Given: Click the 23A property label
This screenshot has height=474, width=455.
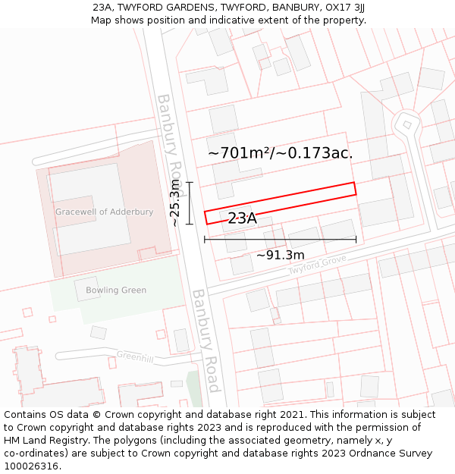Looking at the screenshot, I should pos(242,218).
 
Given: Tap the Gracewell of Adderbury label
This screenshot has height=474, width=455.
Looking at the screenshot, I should pos(104,212).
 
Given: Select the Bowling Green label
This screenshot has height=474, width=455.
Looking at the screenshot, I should pos(116,290).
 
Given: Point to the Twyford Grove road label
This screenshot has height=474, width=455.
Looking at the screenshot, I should pos(317,265).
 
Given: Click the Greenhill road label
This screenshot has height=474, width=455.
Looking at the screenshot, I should pos(135,356).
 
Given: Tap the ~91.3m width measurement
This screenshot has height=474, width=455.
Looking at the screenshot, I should pos(280,255).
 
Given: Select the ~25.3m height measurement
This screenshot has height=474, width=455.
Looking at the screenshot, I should pos(175,203).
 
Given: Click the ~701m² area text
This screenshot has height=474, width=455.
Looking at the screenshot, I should pos(239,153).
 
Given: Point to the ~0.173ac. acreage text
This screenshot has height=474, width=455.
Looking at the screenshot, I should pos(314,153).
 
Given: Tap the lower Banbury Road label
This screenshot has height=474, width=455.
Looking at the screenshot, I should pos(206,340).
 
